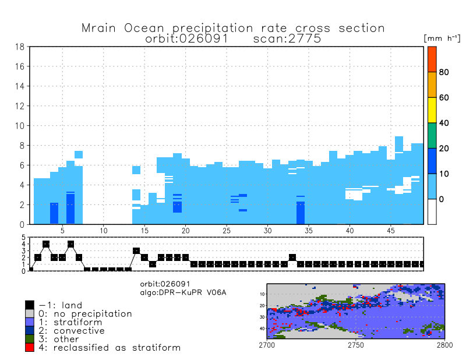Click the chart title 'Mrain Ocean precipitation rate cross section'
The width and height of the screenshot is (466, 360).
pyautogui.click(x=233, y=28)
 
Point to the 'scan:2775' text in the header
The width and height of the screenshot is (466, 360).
pyautogui.click(x=288, y=38)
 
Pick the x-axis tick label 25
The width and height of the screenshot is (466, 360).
pyautogui.click(x=227, y=231)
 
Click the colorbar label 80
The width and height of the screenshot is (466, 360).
pyautogui.click(x=443, y=72)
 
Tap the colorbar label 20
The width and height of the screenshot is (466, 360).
pyautogui.click(x=443, y=149)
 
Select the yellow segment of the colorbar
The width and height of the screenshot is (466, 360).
pyautogui.click(x=432, y=110)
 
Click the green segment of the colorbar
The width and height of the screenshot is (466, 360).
pyautogui.click(x=432, y=136)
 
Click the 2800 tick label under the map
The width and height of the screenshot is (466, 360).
pyautogui.click(x=444, y=345)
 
